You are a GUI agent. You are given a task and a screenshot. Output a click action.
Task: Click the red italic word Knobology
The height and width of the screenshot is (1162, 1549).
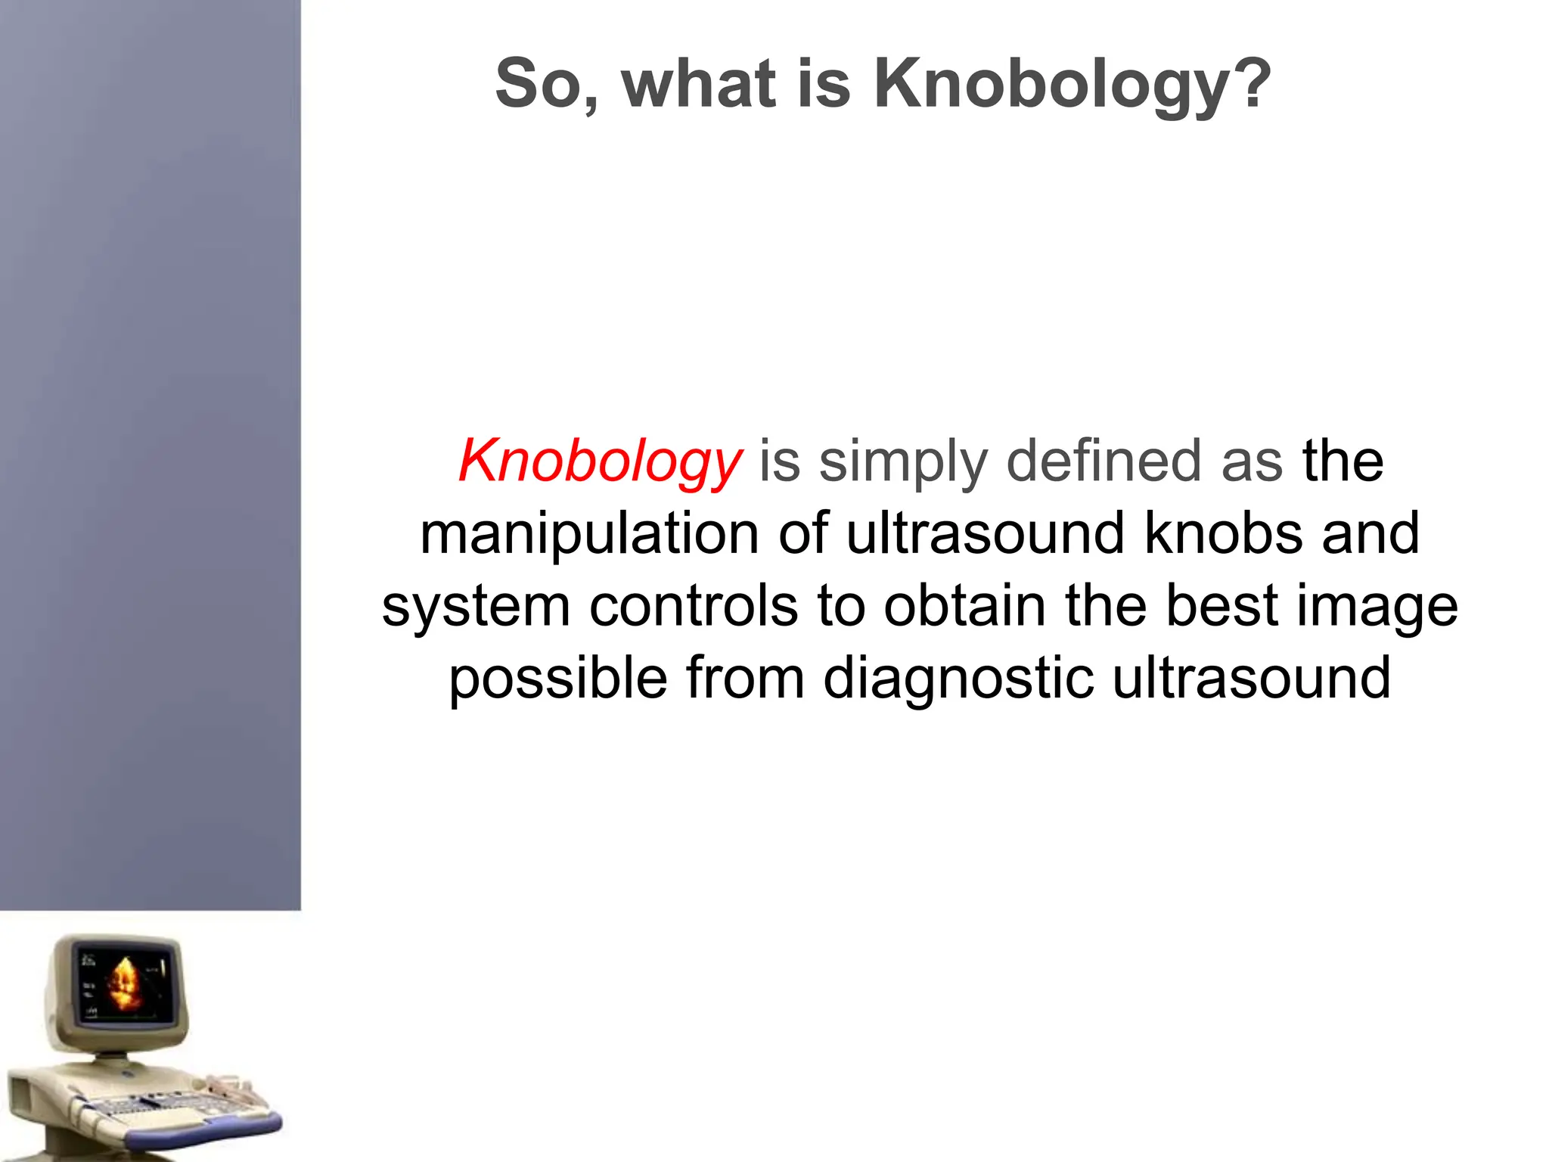[600, 461]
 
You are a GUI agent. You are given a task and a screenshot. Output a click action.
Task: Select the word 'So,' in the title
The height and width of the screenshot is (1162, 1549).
[546, 85]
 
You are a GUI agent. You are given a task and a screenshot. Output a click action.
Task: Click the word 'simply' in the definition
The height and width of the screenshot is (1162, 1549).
[903, 461]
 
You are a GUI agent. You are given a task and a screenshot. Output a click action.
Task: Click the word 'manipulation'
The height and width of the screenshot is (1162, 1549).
[589, 534]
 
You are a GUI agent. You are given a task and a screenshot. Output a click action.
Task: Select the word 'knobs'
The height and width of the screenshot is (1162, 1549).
[1223, 533]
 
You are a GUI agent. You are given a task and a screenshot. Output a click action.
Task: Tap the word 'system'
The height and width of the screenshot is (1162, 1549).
[476, 607]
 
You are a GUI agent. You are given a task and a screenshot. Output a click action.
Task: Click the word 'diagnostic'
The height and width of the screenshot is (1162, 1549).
[958, 679]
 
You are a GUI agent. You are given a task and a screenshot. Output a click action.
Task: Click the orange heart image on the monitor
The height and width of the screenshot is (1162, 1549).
[124, 983]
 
